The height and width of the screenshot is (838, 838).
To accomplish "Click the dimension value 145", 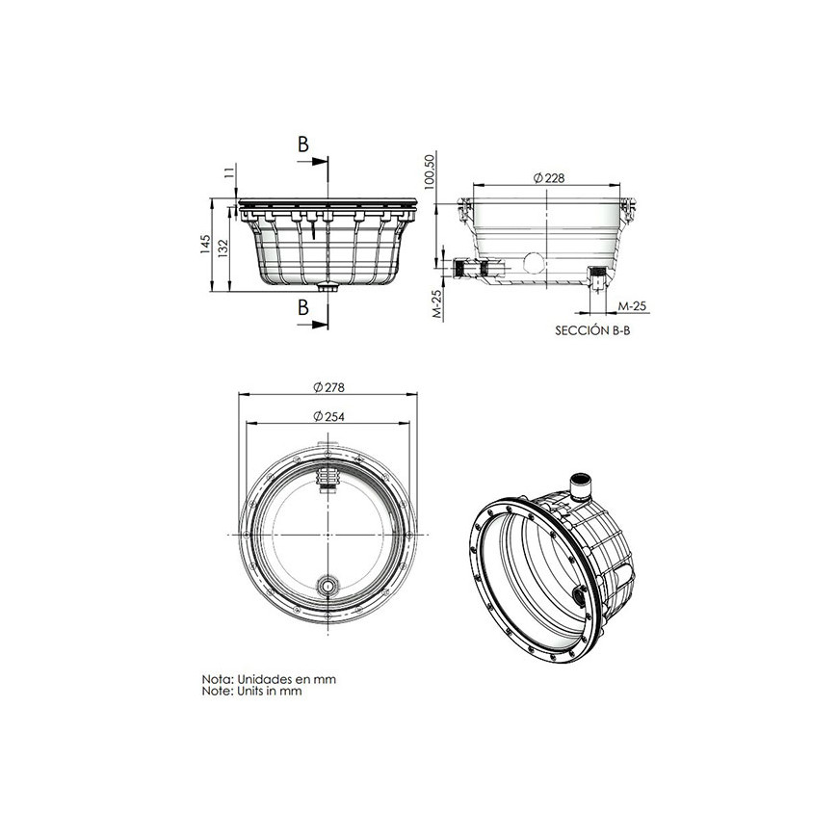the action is click(206, 245).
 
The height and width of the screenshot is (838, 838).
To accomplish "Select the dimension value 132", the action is click(223, 249).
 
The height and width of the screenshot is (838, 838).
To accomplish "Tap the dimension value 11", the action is click(229, 172).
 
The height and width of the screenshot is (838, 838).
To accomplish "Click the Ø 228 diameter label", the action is click(549, 178).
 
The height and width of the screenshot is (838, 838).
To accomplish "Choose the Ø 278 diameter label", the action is click(328, 387).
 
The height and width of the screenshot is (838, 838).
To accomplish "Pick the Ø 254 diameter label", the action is click(328, 416).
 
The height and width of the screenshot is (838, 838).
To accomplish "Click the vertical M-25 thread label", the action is click(437, 304).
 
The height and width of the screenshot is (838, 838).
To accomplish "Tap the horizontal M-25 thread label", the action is click(632, 306).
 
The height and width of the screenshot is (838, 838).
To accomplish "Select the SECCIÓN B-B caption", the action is click(592, 330).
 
